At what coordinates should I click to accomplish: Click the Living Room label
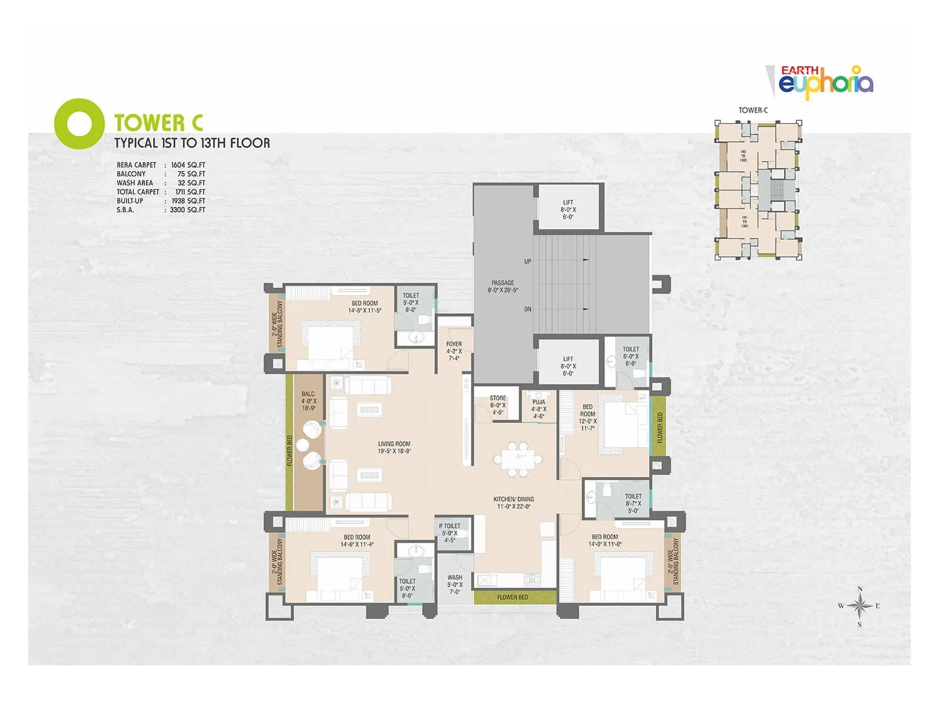(394, 448)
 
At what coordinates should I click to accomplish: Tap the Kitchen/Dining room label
(514, 503)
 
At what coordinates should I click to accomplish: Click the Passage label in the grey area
(502, 286)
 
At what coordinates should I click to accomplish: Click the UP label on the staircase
(528, 261)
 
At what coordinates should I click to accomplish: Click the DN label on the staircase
(528, 309)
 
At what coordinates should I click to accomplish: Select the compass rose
(859, 606)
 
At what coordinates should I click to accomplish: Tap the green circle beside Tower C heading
(79, 123)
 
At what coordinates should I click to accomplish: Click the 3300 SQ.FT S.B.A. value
(187, 209)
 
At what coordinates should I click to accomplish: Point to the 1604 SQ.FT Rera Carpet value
(188, 165)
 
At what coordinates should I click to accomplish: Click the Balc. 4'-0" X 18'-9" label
(309, 401)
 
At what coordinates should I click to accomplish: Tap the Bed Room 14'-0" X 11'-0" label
(605, 540)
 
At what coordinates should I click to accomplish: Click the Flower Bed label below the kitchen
(512, 597)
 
